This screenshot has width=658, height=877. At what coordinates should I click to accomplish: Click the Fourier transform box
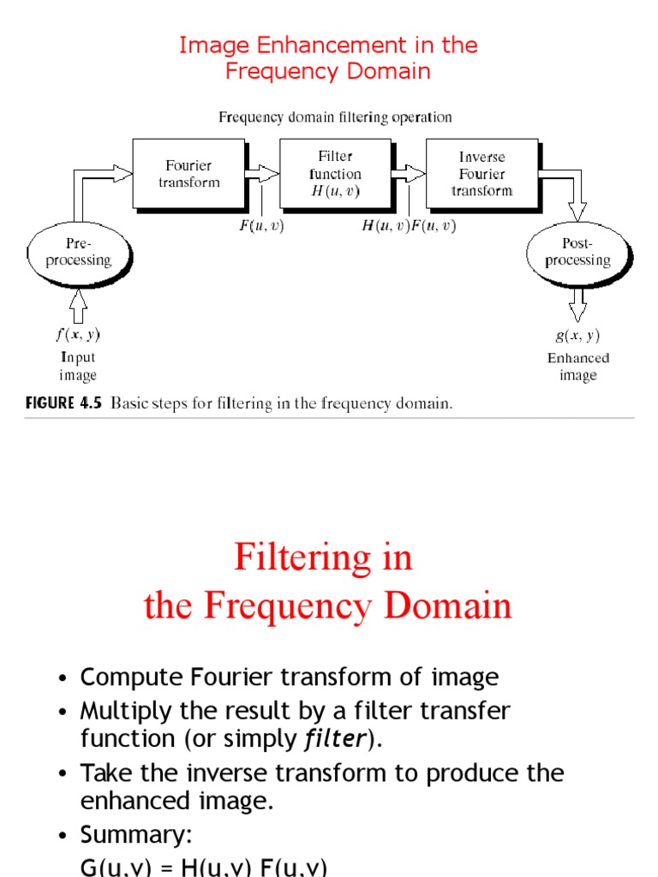(188, 174)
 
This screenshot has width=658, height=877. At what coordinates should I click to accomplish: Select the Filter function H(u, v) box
(335, 174)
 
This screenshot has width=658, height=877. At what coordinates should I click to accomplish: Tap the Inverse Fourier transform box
(482, 174)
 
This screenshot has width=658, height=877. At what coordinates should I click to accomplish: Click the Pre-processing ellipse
(78, 252)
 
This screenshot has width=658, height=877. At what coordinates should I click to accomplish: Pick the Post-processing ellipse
(577, 252)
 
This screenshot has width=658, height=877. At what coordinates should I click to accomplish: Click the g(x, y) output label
(578, 336)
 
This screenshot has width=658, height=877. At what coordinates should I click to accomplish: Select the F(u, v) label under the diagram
(261, 226)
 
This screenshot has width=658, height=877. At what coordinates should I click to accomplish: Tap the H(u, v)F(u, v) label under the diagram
(410, 226)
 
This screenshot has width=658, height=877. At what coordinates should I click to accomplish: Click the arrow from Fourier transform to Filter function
(262, 174)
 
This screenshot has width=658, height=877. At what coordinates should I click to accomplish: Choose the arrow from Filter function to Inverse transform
(410, 174)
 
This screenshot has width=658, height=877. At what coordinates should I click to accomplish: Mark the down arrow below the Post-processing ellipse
(578, 302)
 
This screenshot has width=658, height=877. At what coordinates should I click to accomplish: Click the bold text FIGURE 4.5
(63, 403)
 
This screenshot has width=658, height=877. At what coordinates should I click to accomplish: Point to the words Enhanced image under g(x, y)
(578, 367)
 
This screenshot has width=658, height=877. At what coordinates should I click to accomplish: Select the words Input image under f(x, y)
(78, 367)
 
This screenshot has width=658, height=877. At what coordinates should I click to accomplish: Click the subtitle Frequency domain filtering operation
(335, 117)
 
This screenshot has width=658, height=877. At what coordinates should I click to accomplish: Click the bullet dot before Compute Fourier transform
(63, 679)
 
